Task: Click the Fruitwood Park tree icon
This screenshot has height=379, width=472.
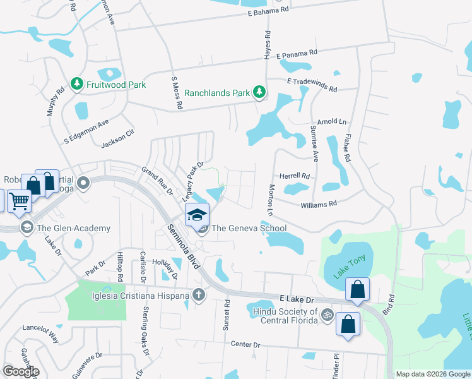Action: (x=77, y=85)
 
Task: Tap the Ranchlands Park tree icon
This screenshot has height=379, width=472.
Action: (x=259, y=93)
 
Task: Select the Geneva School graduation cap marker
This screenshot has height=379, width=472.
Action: (x=198, y=215)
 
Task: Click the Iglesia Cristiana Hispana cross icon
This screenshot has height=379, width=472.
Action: (x=199, y=295)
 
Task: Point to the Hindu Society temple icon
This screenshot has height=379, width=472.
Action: (x=327, y=314)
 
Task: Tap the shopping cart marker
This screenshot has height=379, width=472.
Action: (x=19, y=202)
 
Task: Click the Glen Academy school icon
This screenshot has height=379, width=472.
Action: (x=27, y=228)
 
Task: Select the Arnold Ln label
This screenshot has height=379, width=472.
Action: (x=332, y=121)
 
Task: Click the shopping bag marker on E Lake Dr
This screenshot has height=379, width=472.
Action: (x=358, y=291)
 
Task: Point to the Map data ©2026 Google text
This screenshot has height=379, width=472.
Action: (x=432, y=374)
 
